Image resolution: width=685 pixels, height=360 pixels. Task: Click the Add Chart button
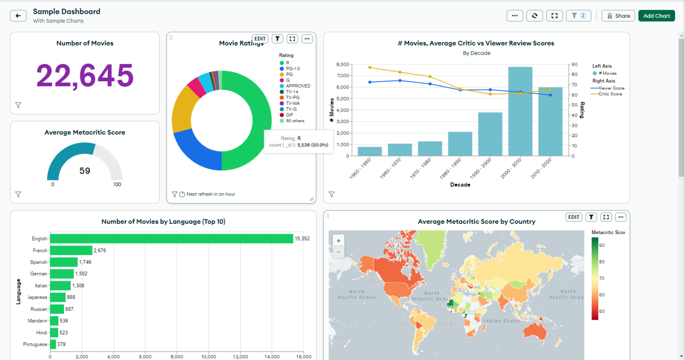(x=656, y=16)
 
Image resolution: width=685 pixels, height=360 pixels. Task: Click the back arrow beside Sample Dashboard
(x=18, y=16)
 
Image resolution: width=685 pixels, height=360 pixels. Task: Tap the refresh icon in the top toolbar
(x=534, y=16)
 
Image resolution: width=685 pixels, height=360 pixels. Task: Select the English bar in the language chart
(x=171, y=238)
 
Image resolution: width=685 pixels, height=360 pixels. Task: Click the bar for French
(x=71, y=250)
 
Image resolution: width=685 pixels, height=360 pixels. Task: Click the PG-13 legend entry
(x=292, y=69)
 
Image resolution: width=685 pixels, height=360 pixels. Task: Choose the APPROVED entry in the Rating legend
(x=297, y=86)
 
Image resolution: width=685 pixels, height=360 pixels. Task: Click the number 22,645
(x=85, y=75)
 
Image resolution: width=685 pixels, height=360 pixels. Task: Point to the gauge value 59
(x=85, y=171)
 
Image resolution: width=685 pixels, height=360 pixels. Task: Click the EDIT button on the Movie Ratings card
(x=260, y=39)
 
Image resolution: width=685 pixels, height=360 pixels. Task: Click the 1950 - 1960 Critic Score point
(x=370, y=67)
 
